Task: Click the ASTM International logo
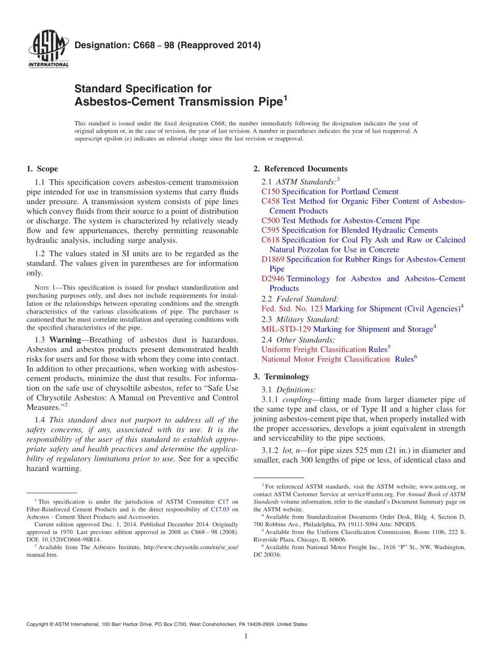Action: coord(48,50)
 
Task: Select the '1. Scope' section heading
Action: coord(42,169)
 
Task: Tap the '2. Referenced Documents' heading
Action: coord(300,169)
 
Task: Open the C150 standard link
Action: coord(270,192)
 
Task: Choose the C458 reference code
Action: coord(270,201)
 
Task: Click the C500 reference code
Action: coord(270,221)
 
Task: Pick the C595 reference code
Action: coord(270,230)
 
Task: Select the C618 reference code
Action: coord(270,240)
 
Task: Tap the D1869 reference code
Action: coord(272,260)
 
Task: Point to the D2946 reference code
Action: coord(272,279)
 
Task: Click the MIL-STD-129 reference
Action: coord(286,329)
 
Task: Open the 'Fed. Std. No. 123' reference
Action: coord(292,309)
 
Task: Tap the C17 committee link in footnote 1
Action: coord(223,502)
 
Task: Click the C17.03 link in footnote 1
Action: coord(220,509)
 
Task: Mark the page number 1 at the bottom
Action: coord(246,636)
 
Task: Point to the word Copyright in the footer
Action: coord(39,624)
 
